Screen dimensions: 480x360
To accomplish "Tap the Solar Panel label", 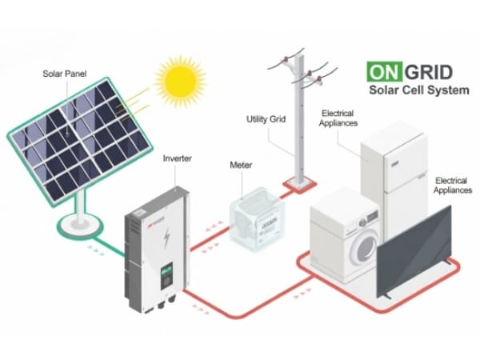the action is (x=65, y=74).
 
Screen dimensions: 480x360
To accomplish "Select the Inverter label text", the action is (x=178, y=158).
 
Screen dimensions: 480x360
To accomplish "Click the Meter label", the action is (x=241, y=166).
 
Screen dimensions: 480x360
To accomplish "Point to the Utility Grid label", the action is (x=266, y=119).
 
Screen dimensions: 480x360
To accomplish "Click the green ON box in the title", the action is (x=385, y=72).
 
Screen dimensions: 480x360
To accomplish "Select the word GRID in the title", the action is (x=429, y=72).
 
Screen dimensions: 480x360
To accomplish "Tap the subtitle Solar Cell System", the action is (x=419, y=90).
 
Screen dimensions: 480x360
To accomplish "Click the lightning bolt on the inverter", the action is (x=167, y=238).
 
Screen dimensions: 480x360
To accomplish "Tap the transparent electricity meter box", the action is (x=258, y=219).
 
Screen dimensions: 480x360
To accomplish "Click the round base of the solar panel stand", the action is (x=79, y=226).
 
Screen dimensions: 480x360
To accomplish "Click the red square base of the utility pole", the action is (x=300, y=185).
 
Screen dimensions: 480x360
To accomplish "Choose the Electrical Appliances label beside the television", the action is (x=453, y=186).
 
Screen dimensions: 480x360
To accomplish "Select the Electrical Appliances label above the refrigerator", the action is (x=338, y=118).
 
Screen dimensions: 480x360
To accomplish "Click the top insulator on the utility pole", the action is (x=286, y=58).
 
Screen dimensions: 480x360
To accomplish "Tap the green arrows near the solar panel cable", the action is (x=95, y=250).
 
